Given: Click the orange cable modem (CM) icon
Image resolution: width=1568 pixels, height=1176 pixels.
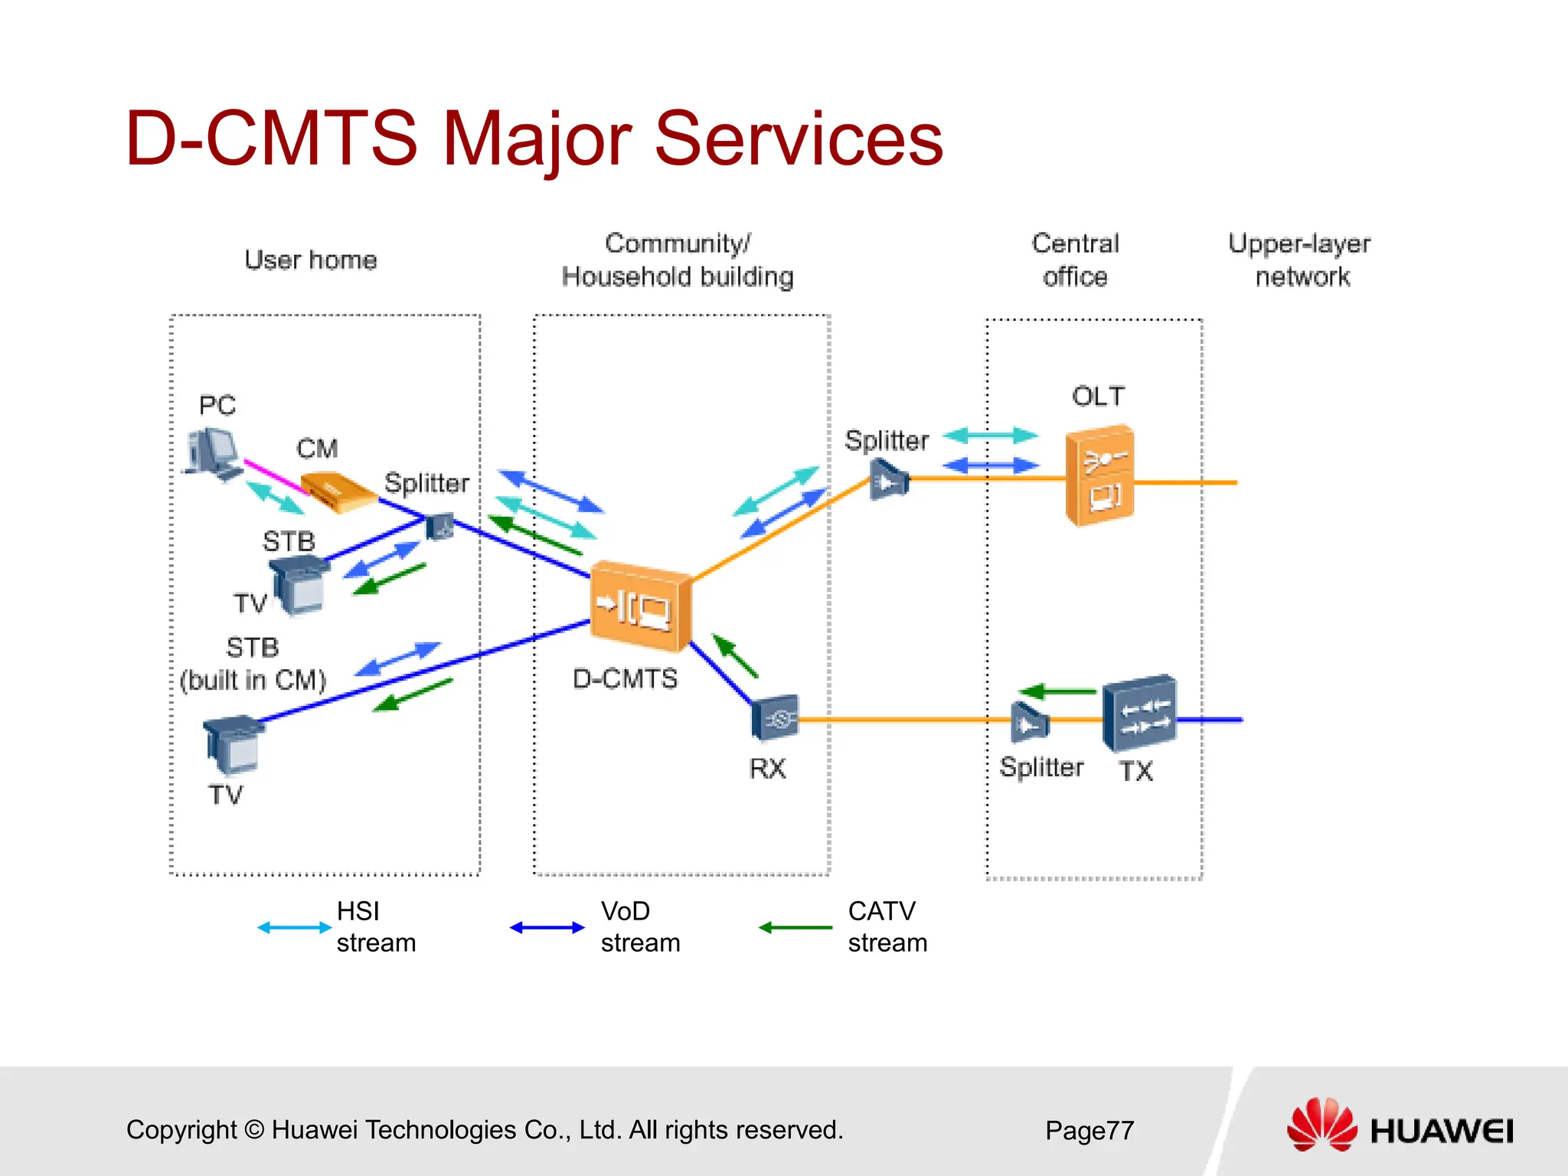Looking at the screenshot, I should tap(337, 491).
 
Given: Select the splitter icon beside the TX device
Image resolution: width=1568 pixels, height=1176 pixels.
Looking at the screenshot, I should tap(1029, 722).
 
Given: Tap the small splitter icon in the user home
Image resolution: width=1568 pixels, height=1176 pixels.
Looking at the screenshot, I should tap(439, 527).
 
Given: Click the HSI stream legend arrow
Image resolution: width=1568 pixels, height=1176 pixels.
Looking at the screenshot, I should tap(294, 928).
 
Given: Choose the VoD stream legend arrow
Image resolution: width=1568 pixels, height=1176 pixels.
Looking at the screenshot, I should tap(547, 928).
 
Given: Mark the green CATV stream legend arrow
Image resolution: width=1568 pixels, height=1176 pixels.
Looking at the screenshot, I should tap(795, 928).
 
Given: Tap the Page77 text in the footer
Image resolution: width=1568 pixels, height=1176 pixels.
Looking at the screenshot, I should tap(1089, 1130).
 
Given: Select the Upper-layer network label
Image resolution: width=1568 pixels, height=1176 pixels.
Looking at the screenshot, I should tap(1299, 260).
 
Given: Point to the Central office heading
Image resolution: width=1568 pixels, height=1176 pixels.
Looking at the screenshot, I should tap(1075, 260).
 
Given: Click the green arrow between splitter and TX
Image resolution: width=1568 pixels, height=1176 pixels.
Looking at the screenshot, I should tap(1058, 692).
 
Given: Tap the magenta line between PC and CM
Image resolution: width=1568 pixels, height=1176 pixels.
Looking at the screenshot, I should tap(273, 476).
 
